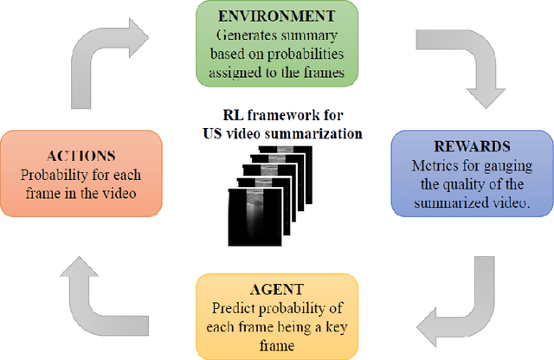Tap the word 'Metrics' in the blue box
click(433, 165)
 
